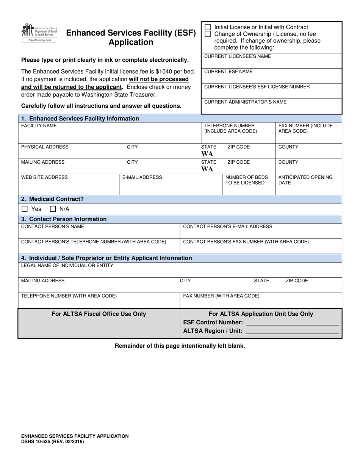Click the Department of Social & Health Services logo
(39, 33)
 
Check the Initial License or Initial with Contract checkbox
(208, 27)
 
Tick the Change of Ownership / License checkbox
(208, 34)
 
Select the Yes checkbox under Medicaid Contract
(25, 209)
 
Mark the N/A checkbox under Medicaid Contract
(53, 209)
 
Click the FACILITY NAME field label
(39, 126)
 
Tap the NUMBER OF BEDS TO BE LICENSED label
(246, 180)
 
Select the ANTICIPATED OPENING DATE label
(305, 180)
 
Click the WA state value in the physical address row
(207, 154)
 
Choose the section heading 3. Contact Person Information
(64, 219)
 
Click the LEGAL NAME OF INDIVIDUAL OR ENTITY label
(67, 266)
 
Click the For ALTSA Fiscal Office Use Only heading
(99, 314)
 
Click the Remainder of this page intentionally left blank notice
(180, 346)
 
